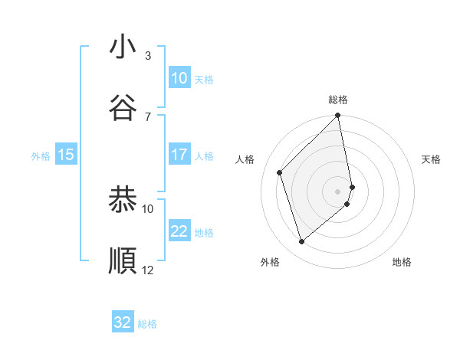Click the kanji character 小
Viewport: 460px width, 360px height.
tap(123, 47)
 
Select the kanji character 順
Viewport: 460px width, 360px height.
tap(123, 260)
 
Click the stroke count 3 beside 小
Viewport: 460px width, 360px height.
tap(148, 56)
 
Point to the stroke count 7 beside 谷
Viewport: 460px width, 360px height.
tap(148, 116)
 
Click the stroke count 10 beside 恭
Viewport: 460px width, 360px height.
tap(148, 208)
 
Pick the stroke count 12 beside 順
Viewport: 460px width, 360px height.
tap(148, 270)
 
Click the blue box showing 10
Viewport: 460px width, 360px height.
tap(179, 78)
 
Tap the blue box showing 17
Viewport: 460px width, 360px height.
tap(179, 155)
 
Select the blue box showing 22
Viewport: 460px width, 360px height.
tap(179, 231)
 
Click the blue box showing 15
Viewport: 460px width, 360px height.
tap(66, 155)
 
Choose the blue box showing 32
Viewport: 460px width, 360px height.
tap(123, 322)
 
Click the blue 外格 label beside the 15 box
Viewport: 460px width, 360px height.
tap(41, 155)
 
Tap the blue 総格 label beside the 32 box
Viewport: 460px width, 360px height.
tap(147, 324)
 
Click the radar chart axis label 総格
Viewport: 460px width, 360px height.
tap(338, 100)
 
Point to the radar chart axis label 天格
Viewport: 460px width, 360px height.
tap(432, 159)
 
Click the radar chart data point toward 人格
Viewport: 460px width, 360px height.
tap(280, 172)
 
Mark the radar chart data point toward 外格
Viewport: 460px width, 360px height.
tap(302, 242)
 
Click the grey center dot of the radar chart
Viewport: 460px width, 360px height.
tap(338, 191)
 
